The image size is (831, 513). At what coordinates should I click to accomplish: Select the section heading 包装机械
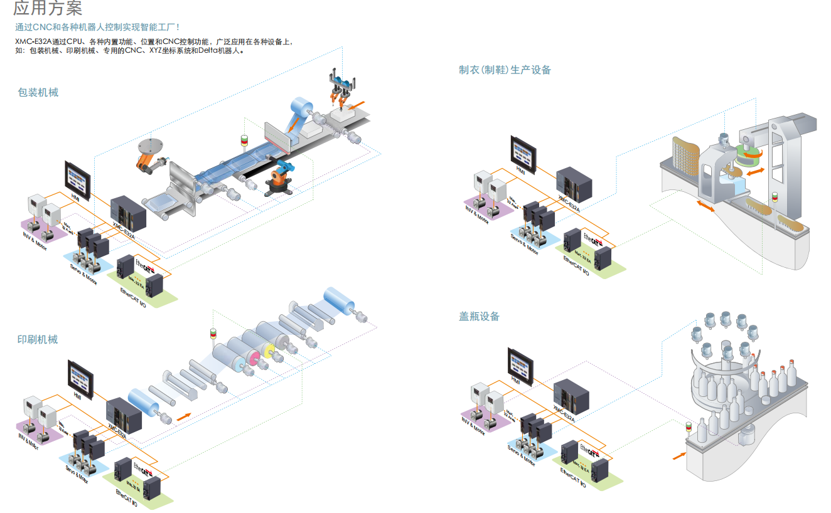tap(38, 93)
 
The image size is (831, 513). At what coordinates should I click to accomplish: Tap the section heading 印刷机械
tap(38, 340)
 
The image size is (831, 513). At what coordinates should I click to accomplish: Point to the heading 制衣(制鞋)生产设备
tap(505, 70)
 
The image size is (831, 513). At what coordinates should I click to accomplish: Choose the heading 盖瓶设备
tap(479, 317)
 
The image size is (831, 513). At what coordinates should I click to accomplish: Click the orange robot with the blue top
tap(279, 178)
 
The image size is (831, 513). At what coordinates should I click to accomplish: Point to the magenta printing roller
tap(255, 357)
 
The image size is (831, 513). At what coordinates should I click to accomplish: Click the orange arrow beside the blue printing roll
tap(183, 416)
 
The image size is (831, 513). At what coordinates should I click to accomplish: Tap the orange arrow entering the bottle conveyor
tap(678, 454)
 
